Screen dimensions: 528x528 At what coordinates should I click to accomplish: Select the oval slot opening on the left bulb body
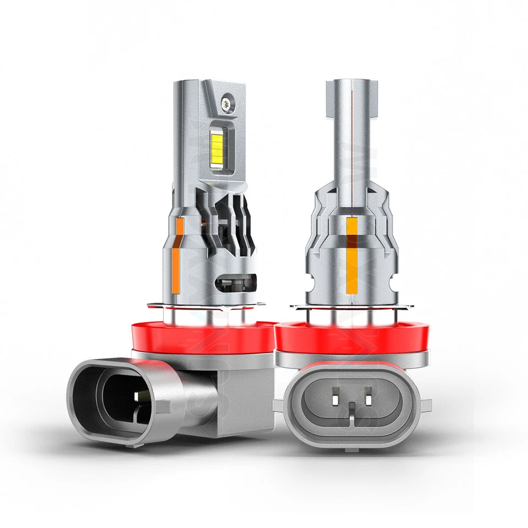[235, 285]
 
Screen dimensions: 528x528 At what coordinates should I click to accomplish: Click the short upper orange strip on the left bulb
[179, 229]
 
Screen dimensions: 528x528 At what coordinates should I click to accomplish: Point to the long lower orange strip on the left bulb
[175, 269]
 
